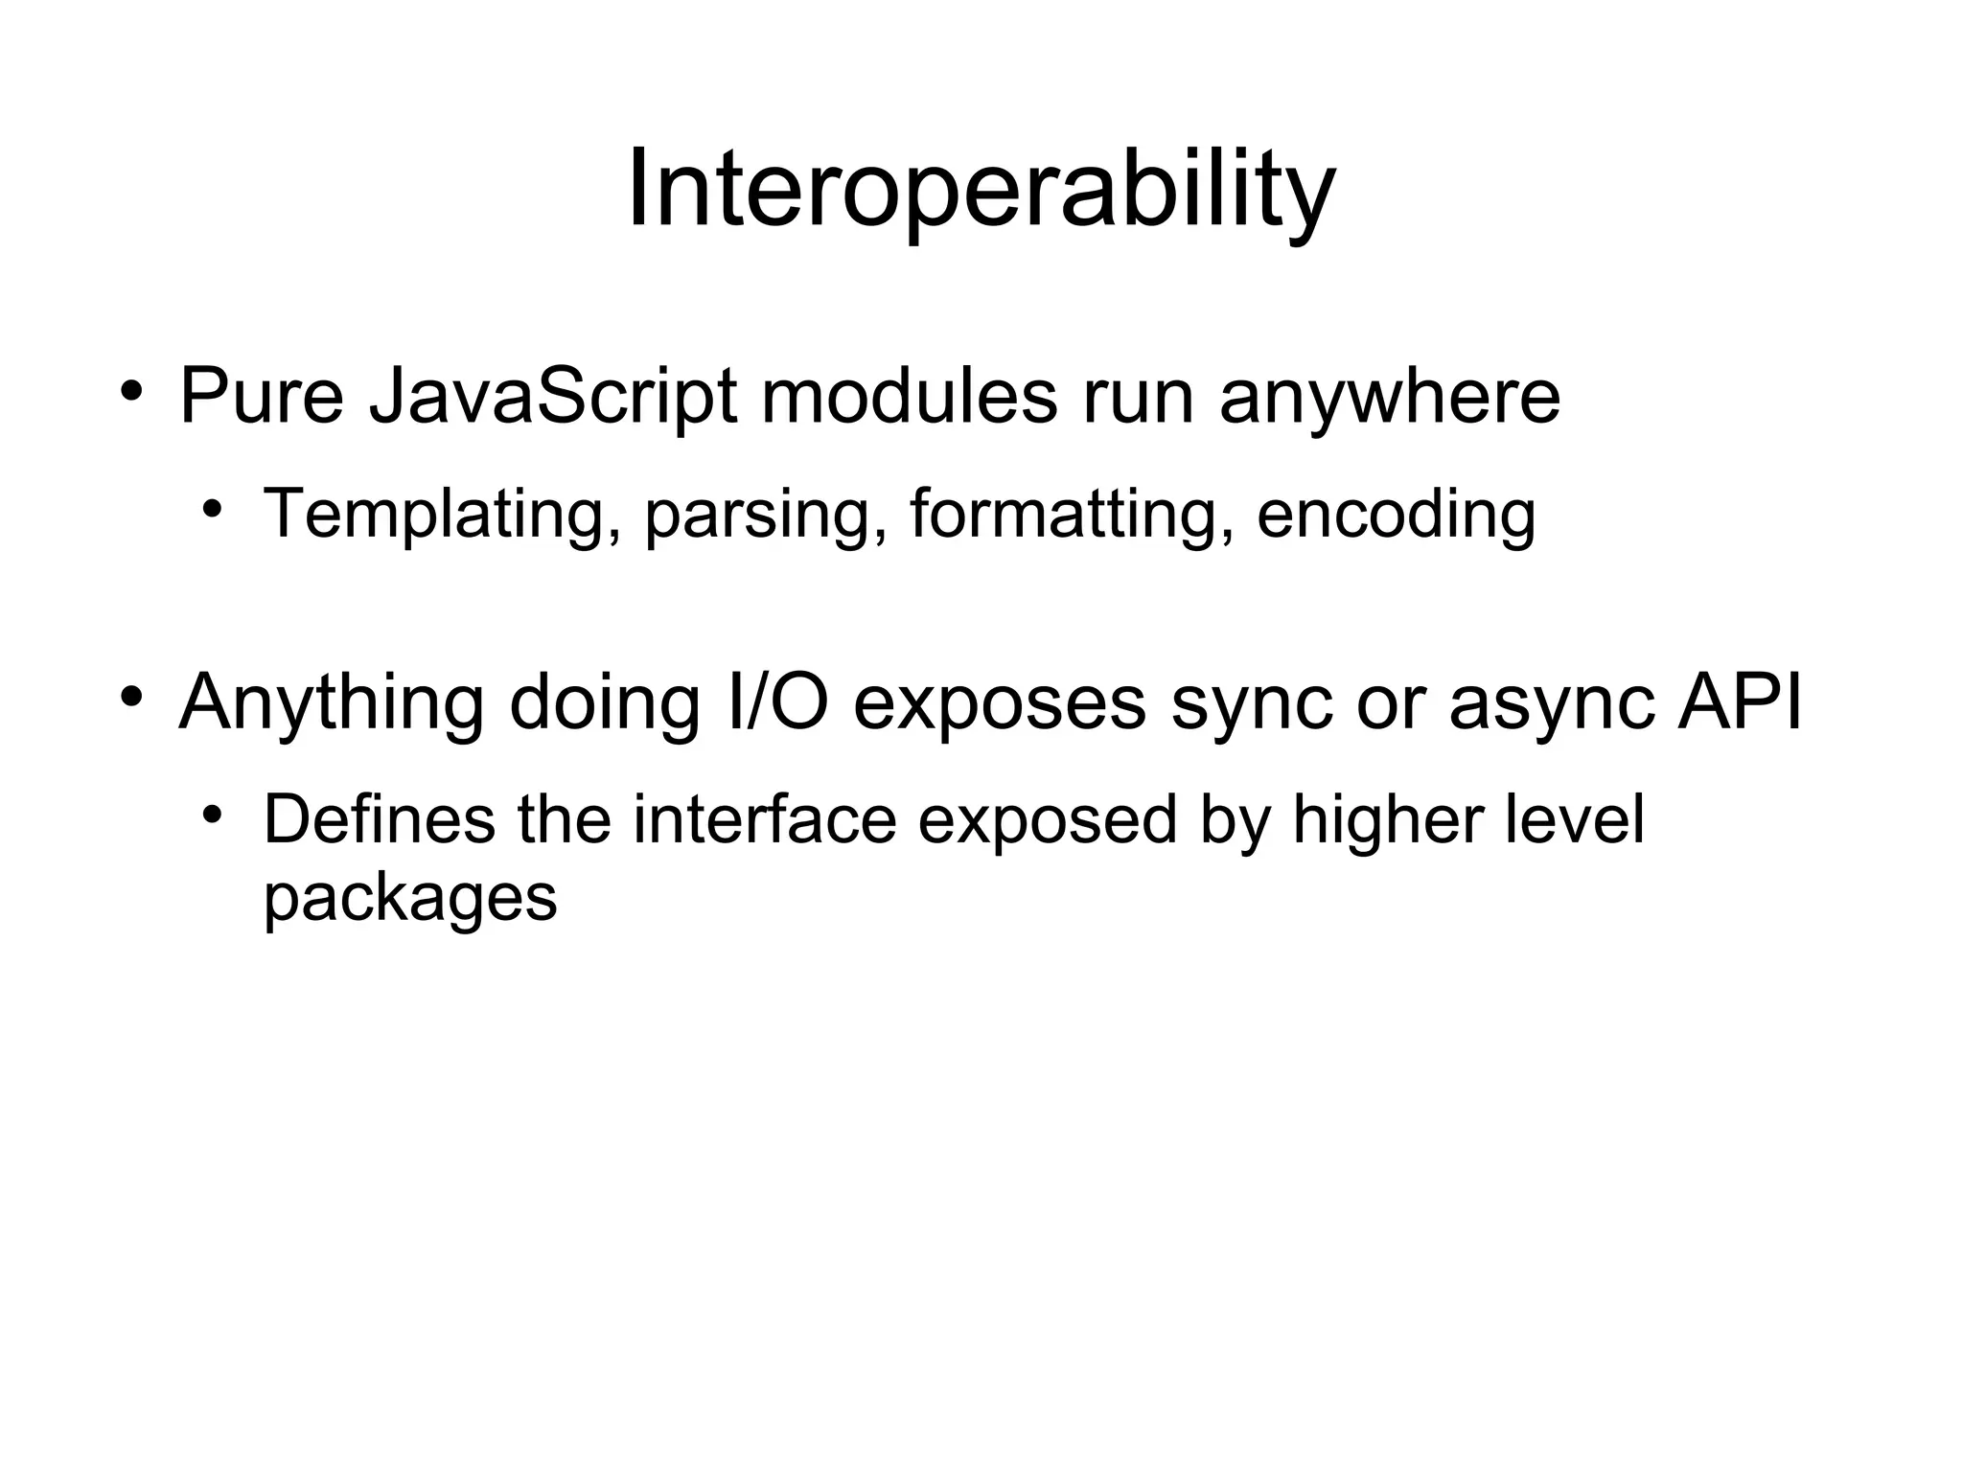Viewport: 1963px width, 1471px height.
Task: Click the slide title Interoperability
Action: point(981,192)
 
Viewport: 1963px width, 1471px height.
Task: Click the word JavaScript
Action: point(553,397)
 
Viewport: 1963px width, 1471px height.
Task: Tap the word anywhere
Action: point(1390,397)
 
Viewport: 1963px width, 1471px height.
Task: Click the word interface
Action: point(764,820)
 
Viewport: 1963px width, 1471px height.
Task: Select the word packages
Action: point(410,899)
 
